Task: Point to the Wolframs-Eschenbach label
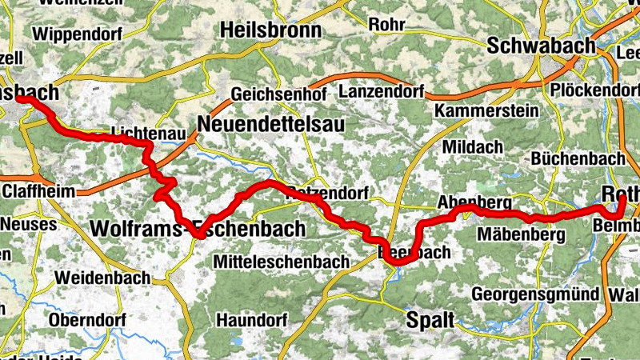pyautogui.click(x=198, y=229)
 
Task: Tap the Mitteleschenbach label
pyautogui.click(x=282, y=262)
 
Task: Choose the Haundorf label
pyautogui.click(x=251, y=320)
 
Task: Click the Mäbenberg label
pyautogui.click(x=520, y=235)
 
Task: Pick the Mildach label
pyautogui.click(x=472, y=147)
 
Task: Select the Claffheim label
pyautogui.click(x=39, y=192)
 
